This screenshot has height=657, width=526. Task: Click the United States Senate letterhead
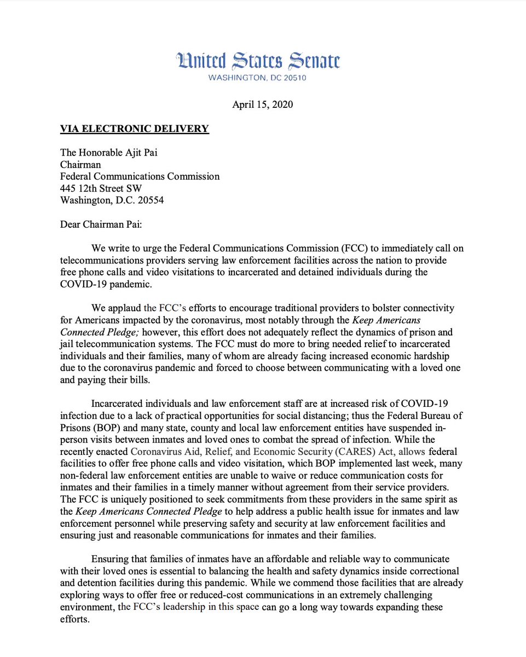(x=257, y=60)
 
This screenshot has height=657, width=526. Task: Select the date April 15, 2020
(x=263, y=105)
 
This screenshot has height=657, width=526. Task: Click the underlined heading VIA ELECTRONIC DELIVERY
(x=135, y=129)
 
